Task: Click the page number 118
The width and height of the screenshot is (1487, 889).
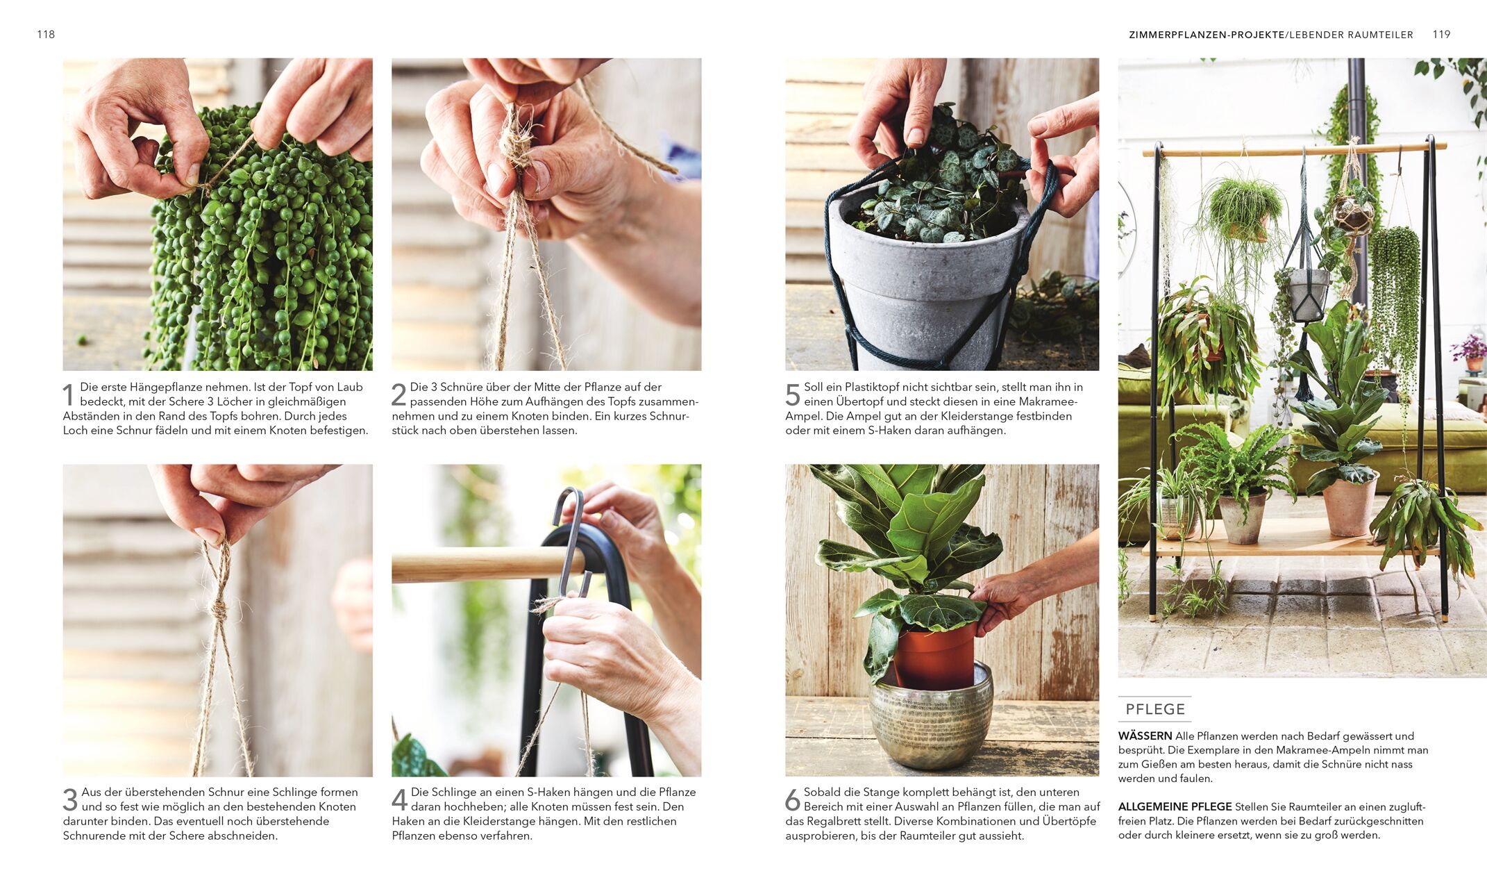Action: coord(46,34)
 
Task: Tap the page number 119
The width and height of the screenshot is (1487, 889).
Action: coord(1441,34)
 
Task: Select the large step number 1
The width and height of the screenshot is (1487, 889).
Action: coord(68,395)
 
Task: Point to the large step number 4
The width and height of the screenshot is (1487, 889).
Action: coord(399,800)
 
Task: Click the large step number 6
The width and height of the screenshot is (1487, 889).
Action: coord(793,800)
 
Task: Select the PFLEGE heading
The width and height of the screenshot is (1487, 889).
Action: coord(1155,709)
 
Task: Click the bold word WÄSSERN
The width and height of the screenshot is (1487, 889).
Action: coord(1145,736)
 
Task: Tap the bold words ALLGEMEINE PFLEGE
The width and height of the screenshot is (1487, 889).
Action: coord(1175,806)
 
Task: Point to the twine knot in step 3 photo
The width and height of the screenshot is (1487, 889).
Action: coord(219,611)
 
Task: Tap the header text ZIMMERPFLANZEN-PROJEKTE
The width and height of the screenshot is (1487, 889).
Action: coord(1207,35)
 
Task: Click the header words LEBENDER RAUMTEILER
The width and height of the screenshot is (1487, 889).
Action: coord(1351,35)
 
